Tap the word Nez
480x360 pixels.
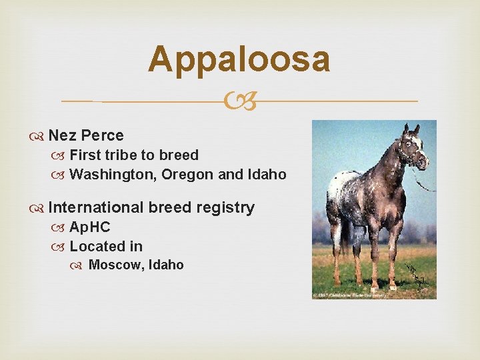point(63,135)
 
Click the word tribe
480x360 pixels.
point(120,155)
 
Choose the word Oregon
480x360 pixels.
point(183,175)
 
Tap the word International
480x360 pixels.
point(96,207)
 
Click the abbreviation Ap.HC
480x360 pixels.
point(90,227)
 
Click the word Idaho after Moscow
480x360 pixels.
point(166,265)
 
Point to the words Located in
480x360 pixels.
point(106,246)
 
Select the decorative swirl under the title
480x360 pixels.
point(240,101)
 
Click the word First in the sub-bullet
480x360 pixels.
point(84,155)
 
